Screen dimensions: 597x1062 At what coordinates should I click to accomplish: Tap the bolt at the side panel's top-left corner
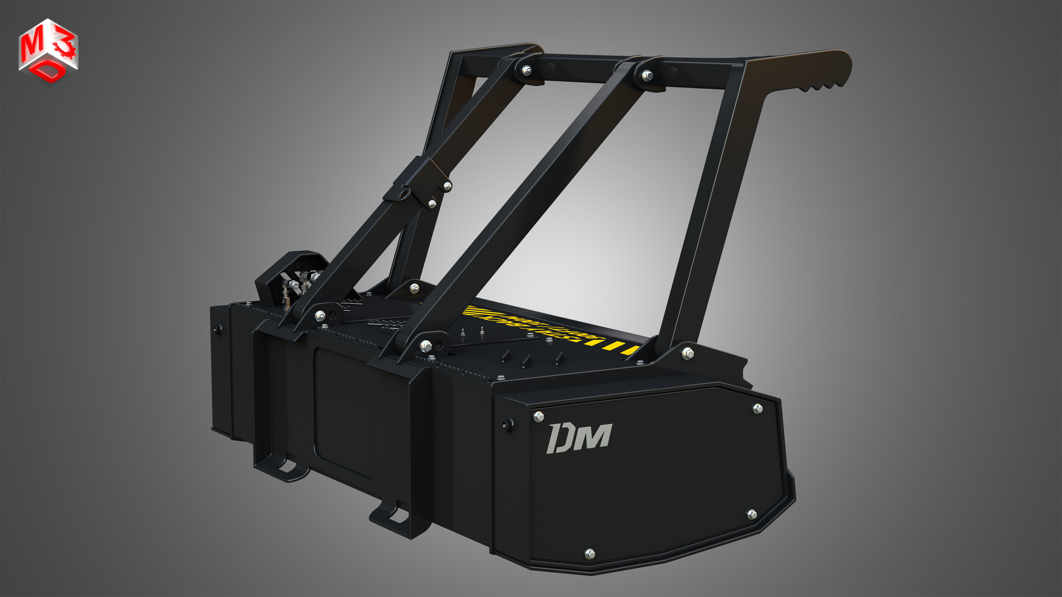(538, 417)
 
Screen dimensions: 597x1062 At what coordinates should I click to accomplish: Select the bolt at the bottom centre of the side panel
(590, 553)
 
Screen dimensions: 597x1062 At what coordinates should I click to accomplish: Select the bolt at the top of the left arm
(527, 71)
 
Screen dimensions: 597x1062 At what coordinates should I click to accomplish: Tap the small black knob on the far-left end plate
(217, 328)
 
